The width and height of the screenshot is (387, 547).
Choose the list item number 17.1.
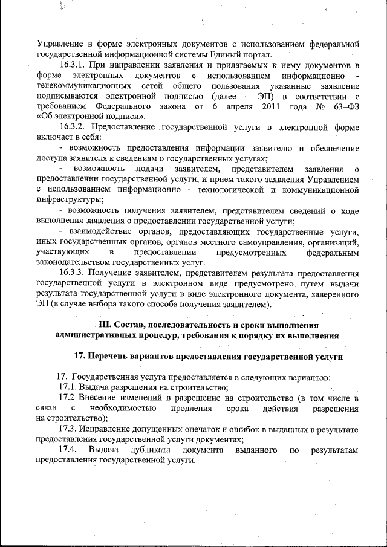tap(68, 387)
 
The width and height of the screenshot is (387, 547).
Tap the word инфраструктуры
tap(69, 200)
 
